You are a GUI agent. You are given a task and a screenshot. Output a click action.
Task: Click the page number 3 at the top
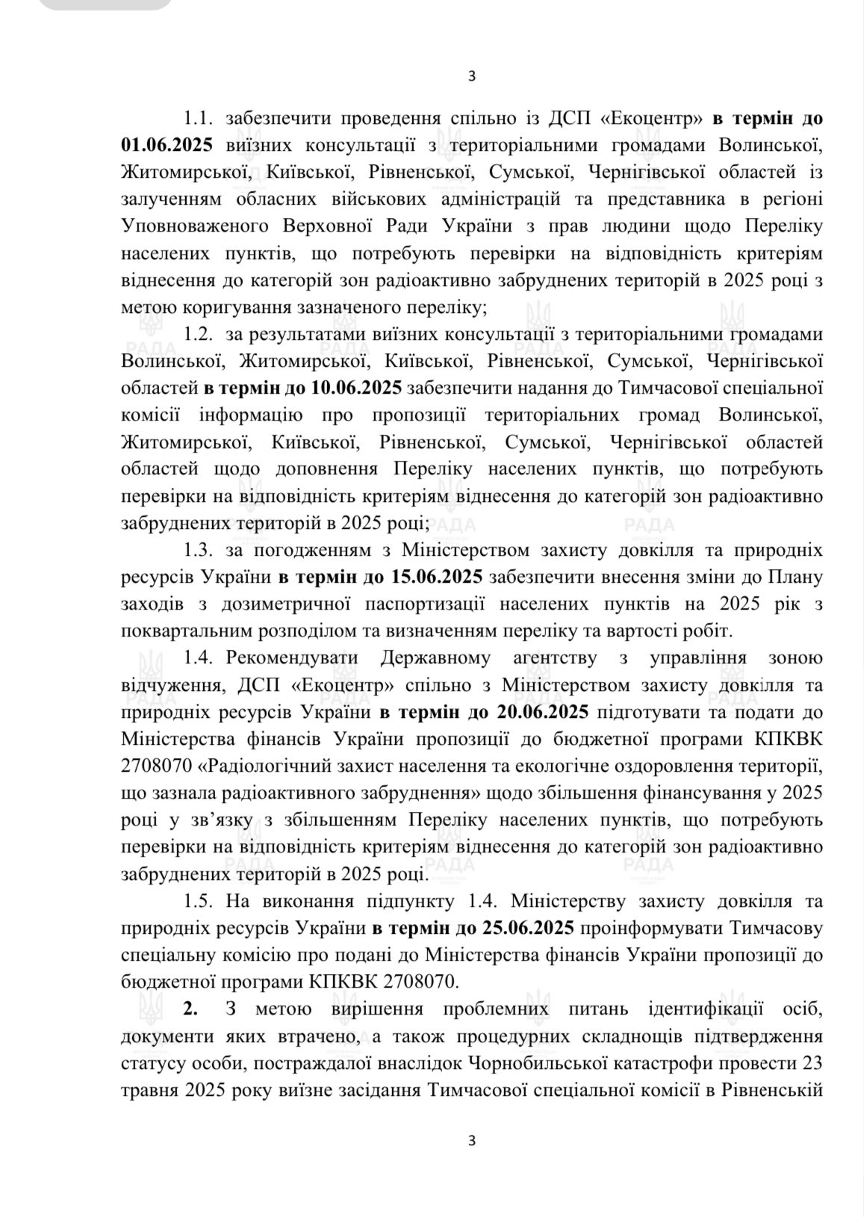pos(470,75)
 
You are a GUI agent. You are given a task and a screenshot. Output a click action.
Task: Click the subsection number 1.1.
pos(199,118)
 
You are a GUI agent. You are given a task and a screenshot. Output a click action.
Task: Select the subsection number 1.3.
pos(199,551)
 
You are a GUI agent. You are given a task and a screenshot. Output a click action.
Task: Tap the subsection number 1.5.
pos(199,901)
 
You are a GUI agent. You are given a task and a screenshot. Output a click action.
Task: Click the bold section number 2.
pos(191,1009)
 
